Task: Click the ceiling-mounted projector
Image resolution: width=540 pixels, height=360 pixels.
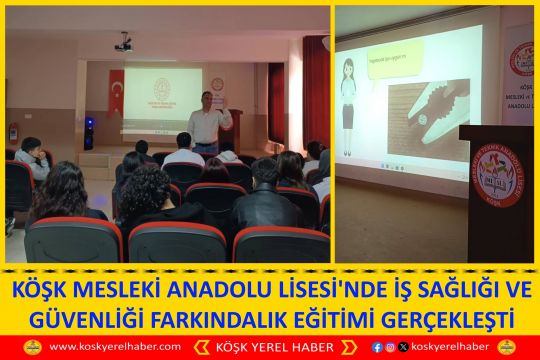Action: pyautogui.click(x=123, y=43)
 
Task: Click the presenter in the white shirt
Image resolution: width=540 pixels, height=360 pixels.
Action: pyautogui.click(x=209, y=122)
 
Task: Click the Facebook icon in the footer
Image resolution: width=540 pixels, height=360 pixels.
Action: pyautogui.click(x=376, y=347)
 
